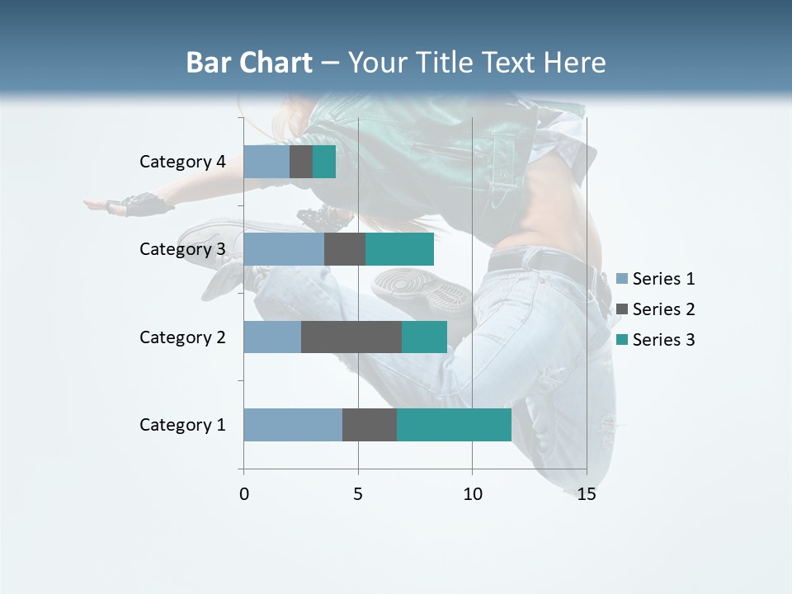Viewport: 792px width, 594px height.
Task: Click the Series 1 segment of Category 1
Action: [x=293, y=425]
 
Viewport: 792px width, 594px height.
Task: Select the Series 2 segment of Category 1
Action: [x=370, y=425]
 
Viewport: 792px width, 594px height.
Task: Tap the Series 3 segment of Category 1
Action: [x=454, y=425]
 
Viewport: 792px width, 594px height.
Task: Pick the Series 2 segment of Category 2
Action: [x=351, y=337]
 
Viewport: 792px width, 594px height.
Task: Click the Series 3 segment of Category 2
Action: [x=424, y=337]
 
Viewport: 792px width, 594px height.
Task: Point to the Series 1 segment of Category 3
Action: [x=284, y=249]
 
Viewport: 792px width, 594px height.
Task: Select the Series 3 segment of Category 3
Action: [x=399, y=249]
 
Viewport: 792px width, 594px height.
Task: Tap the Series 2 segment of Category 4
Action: [x=301, y=162]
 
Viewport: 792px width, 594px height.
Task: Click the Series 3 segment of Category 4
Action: [x=324, y=162]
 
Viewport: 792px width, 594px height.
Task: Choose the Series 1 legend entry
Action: [x=656, y=279]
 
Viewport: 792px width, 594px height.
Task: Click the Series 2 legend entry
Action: [x=656, y=309]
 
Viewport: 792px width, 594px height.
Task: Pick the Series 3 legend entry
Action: [x=656, y=340]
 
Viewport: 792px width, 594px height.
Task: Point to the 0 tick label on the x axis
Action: [x=244, y=494]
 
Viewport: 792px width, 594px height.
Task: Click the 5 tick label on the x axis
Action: [x=358, y=494]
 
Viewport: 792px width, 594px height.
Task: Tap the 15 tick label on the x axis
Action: [x=587, y=494]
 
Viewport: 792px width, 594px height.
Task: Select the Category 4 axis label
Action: [x=182, y=162]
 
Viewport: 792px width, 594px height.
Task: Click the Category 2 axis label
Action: [x=182, y=337]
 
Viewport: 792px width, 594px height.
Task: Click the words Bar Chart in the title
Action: [x=249, y=63]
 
